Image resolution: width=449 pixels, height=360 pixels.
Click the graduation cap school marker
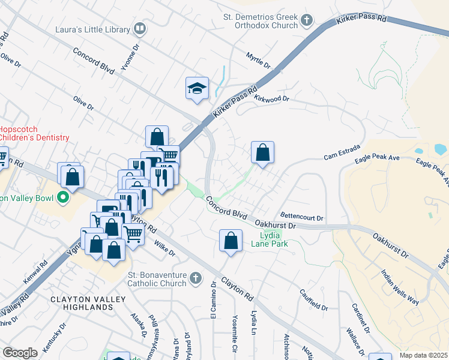[x=197, y=88]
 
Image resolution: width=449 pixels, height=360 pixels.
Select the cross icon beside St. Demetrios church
[x=307, y=20]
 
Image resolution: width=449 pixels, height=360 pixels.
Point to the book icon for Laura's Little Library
[x=140, y=28]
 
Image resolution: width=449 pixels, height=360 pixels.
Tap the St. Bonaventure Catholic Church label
[x=157, y=279]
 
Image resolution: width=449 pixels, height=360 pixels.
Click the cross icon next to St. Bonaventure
[x=195, y=278]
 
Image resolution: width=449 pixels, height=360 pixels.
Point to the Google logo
[x=20, y=353]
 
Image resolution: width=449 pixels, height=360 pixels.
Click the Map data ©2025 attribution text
[x=424, y=355]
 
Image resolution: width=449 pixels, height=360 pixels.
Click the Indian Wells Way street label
[x=400, y=287]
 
